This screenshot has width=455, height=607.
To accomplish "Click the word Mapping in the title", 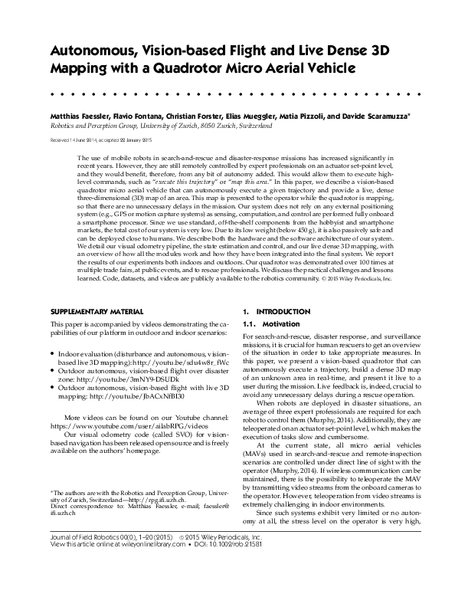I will (x=78, y=68).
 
